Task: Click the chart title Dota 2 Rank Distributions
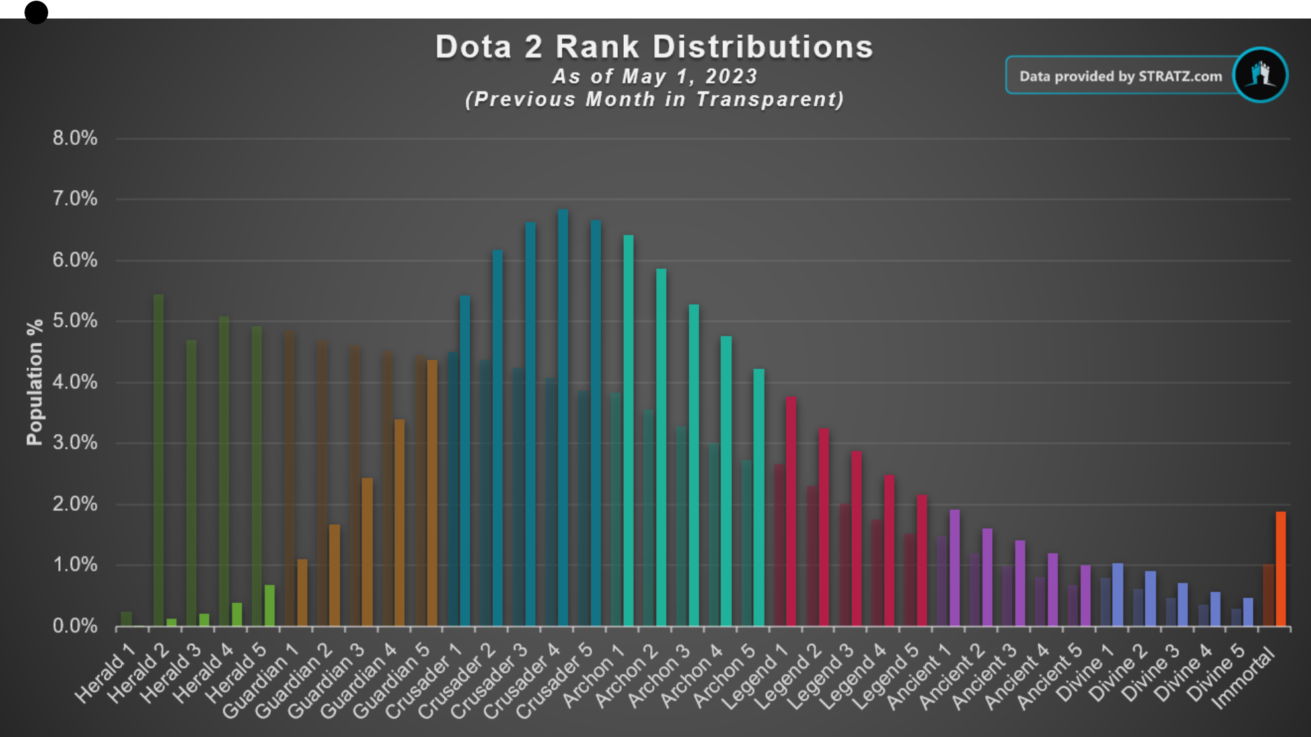click(x=654, y=48)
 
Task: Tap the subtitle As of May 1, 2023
click(x=654, y=77)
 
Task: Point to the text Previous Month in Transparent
click(x=654, y=100)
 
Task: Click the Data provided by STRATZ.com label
click(x=1120, y=76)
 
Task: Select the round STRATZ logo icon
click(x=1260, y=75)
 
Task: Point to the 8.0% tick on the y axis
click(x=75, y=138)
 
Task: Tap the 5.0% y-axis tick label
click(x=75, y=321)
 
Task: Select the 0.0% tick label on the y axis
click(x=75, y=626)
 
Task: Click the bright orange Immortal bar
click(x=1281, y=568)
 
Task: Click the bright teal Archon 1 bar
click(x=628, y=430)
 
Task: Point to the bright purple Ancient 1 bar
click(x=954, y=568)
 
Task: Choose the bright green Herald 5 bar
click(x=270, y=605)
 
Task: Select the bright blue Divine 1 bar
click(x=1117, y=594)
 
